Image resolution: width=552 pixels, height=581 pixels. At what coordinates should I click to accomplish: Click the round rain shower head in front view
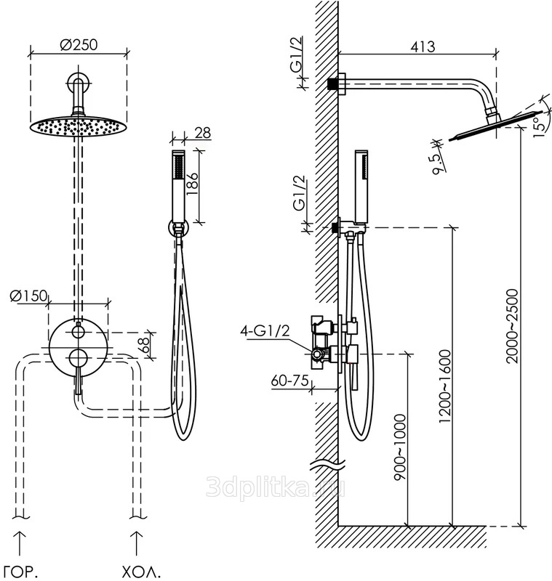click(76, 125)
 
